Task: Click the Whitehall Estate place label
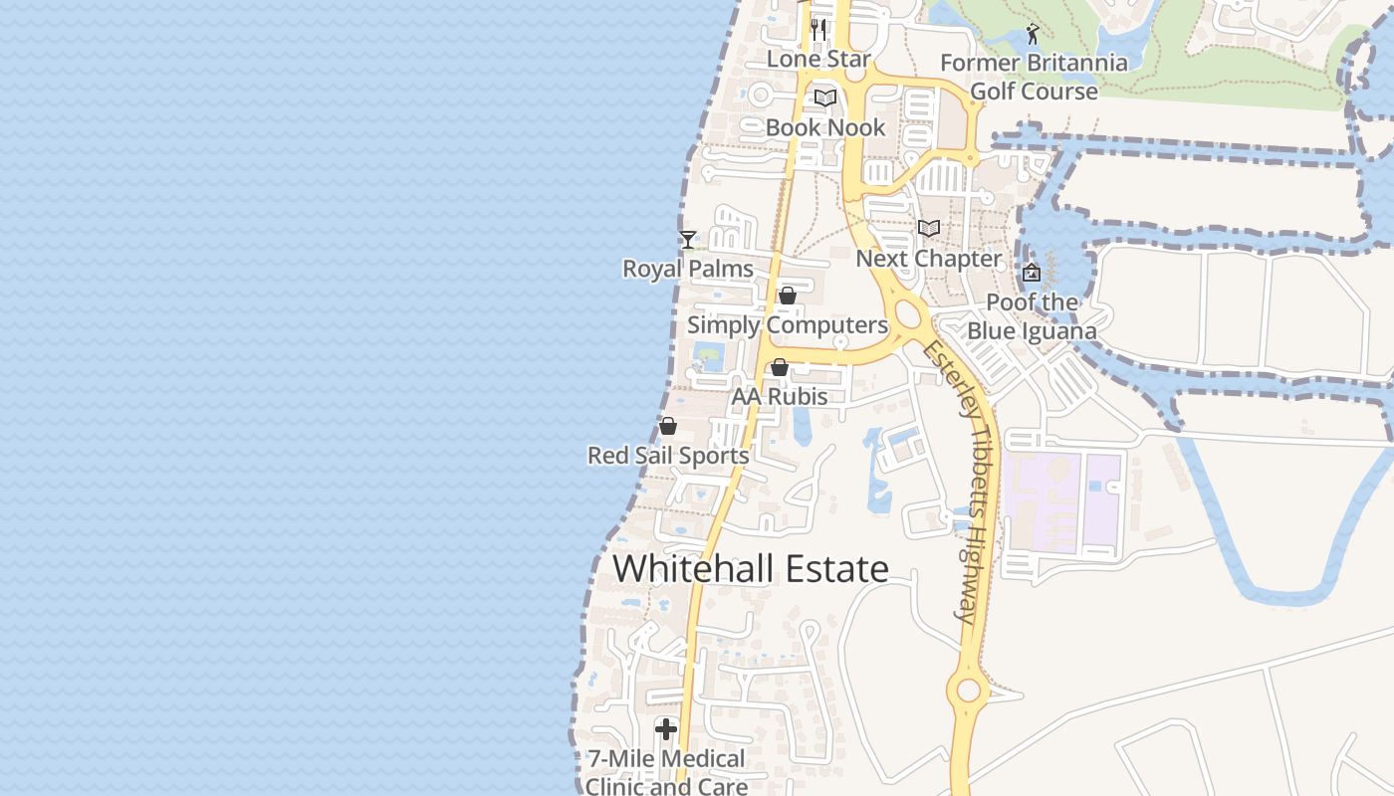(751, 569)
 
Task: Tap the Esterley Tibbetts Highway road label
(961, 483)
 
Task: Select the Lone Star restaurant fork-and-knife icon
(818, 29)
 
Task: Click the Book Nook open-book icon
(824, 98)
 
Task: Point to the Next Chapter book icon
(929, 228)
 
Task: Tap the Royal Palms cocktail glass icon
(687, 239)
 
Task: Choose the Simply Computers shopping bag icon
(787, 296)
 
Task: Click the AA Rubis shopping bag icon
(780, 367)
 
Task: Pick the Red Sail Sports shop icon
(668, 426)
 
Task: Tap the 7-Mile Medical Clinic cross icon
(665, 729)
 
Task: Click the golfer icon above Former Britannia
(1033, 34)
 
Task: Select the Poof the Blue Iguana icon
(1032, 272)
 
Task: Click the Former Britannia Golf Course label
(1034, 77)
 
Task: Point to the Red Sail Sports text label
(668, 456)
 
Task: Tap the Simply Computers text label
(787, 325)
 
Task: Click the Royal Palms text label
(687, 269)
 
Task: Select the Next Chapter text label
(929, 259)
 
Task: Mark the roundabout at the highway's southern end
(967, 689)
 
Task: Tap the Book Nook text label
(824, 127)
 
